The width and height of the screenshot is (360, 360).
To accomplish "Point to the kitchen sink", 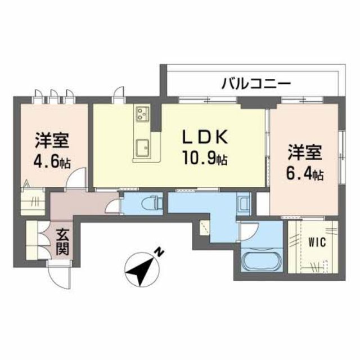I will (x=142, y=147).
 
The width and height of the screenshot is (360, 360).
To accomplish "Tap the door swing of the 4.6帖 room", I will (x=75, y=179).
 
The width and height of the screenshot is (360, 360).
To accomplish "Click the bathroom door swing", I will (x=249, y=231).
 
